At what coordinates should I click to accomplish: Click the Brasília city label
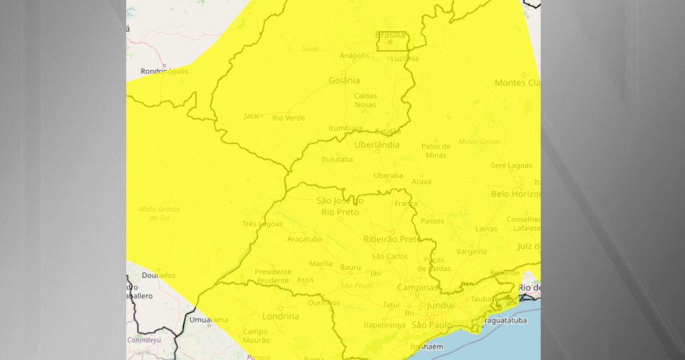(x=390, y=35)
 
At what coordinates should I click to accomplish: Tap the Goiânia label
(x=345, y=80)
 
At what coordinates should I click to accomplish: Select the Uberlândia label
(x=377, y=145)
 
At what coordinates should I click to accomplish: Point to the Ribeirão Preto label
(x=391, y=239)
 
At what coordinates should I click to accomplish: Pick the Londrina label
(x=280, y=316)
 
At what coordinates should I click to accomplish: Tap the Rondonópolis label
(x=165, y=72)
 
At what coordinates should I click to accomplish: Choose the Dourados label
(x=159, y=275)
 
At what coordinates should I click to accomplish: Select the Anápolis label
(x=354, y=56)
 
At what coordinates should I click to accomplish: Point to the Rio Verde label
(x=288, y=118)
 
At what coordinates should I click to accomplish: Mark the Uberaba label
(x=388, y=175)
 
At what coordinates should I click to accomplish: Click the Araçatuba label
(x=304, y=239)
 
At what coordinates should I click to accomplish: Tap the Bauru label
(x=351, y=267)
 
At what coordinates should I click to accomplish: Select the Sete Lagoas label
(x=511, y=165)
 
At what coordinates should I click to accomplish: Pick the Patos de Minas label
(x=435, y=151)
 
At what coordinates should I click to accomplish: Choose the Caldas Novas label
(x=365, y=100)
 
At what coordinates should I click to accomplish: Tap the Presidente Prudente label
(x=273, y=276)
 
